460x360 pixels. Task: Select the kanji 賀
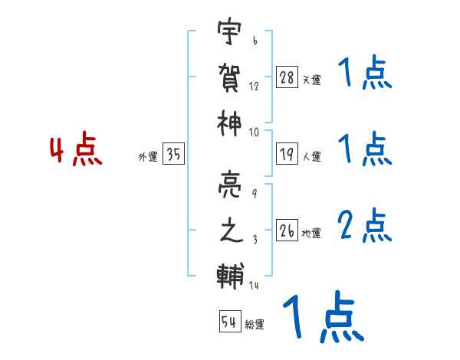[x=230, y=77]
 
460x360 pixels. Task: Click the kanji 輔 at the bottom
[x=230, y=273]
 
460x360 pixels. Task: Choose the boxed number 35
[x=174, y=155]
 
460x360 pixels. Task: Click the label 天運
[x=311, y=80]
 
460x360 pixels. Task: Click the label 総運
[x=255, y=325]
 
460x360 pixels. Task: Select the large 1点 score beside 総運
[x=322, y=317]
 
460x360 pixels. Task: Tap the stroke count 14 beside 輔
[x=255, y=285]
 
